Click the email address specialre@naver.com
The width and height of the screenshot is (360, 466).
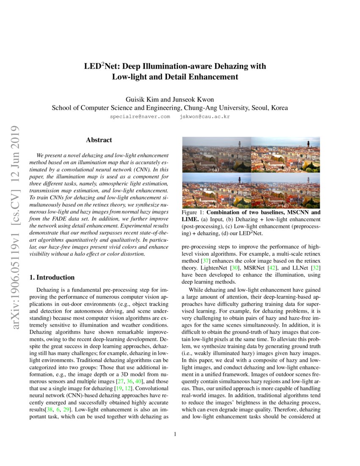tap(140, 116)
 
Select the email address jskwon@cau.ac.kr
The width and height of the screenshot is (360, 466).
tap(205, 116)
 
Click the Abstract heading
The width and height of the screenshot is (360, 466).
tap(99, 140)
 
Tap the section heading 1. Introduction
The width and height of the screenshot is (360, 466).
tap(52, 277)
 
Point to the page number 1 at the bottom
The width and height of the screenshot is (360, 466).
tap(174, 434)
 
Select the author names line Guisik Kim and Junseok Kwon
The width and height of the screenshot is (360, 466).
tap(169, 97)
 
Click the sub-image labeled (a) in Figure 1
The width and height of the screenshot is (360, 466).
tap(216, 155)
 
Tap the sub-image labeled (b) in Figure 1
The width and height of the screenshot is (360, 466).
tap(285, 155)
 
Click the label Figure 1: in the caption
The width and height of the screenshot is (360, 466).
tap(193, 212)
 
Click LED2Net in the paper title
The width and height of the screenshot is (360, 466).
tap(98, 67)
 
